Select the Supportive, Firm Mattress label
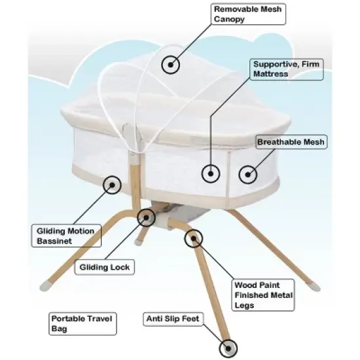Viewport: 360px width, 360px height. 286,69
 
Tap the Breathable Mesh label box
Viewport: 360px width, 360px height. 291,142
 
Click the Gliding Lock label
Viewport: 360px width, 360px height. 104,267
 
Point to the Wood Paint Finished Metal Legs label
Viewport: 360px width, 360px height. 264,296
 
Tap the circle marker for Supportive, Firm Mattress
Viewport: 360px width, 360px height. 210,173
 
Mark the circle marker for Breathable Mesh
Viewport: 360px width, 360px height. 247,173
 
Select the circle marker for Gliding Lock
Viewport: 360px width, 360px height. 145,217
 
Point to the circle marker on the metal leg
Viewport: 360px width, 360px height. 193,238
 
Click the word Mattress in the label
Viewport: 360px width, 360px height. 272,75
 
